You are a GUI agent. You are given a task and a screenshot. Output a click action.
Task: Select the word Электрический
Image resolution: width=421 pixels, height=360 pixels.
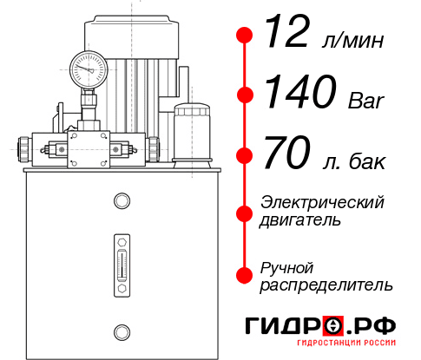pos(322,202)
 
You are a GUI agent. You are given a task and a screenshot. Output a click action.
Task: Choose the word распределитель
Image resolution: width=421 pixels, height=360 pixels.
pos(326,284)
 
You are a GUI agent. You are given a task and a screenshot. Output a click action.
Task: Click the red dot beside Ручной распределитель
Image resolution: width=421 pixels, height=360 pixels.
pos(245,275)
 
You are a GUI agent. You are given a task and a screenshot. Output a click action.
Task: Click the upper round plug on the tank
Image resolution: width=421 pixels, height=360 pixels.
pos(121,202)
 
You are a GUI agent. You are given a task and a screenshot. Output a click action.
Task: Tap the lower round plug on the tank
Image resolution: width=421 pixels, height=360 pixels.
pos(121,330)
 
